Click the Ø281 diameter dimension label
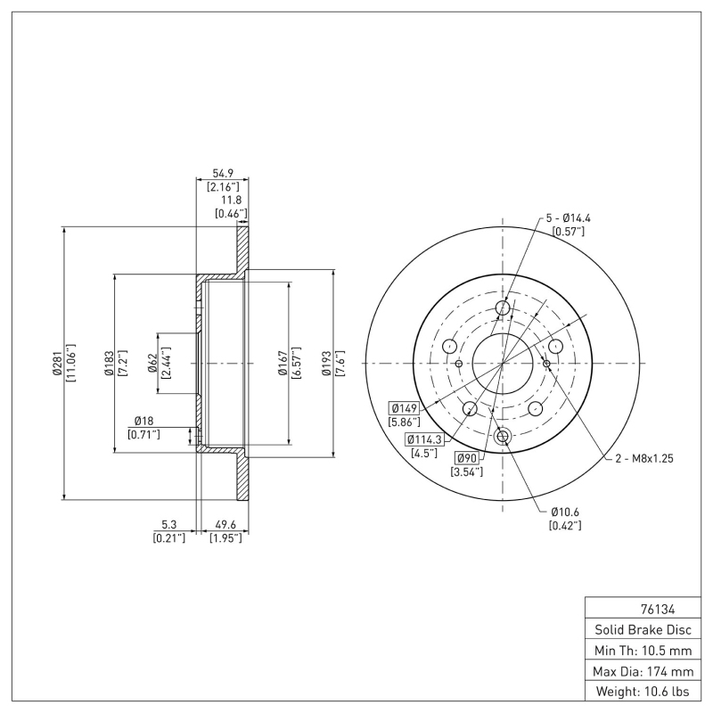pos(57,364)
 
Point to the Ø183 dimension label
pos(109,364)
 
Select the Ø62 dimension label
pos(152,364)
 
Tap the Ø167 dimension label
pos(282,364)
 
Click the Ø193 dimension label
pos(327,364)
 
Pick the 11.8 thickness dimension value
pos(231,201)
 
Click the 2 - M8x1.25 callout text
pos(643,458)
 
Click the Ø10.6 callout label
pos(566,512)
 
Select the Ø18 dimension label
pos(143,421)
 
